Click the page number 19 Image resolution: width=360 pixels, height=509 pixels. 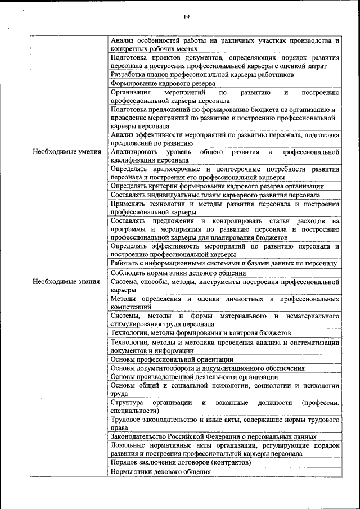tap(186, 17)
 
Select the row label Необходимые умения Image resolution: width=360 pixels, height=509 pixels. tap(67, 152)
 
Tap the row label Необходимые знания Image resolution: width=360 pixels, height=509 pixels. tap(66, 281)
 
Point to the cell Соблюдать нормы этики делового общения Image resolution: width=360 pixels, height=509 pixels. tap(178, 273)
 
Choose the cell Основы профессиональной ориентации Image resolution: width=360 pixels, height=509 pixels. tap(172, 359)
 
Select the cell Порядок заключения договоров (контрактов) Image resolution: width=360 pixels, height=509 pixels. tap(181, 462)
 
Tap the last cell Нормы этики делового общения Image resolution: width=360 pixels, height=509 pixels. tap(161, 472)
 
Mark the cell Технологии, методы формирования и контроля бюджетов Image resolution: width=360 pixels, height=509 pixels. tap(201, 332)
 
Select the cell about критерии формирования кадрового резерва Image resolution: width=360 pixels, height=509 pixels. tap(217, 186)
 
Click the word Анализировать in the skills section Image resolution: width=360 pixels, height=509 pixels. tap(134, 152)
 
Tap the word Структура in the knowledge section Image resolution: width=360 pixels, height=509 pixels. tap(127, 403)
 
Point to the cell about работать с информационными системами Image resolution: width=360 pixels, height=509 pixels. tap(224, 263)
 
